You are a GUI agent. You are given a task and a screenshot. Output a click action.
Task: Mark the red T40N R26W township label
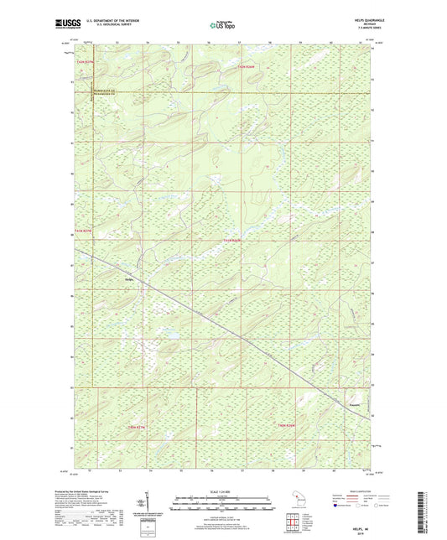pos(287,427)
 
